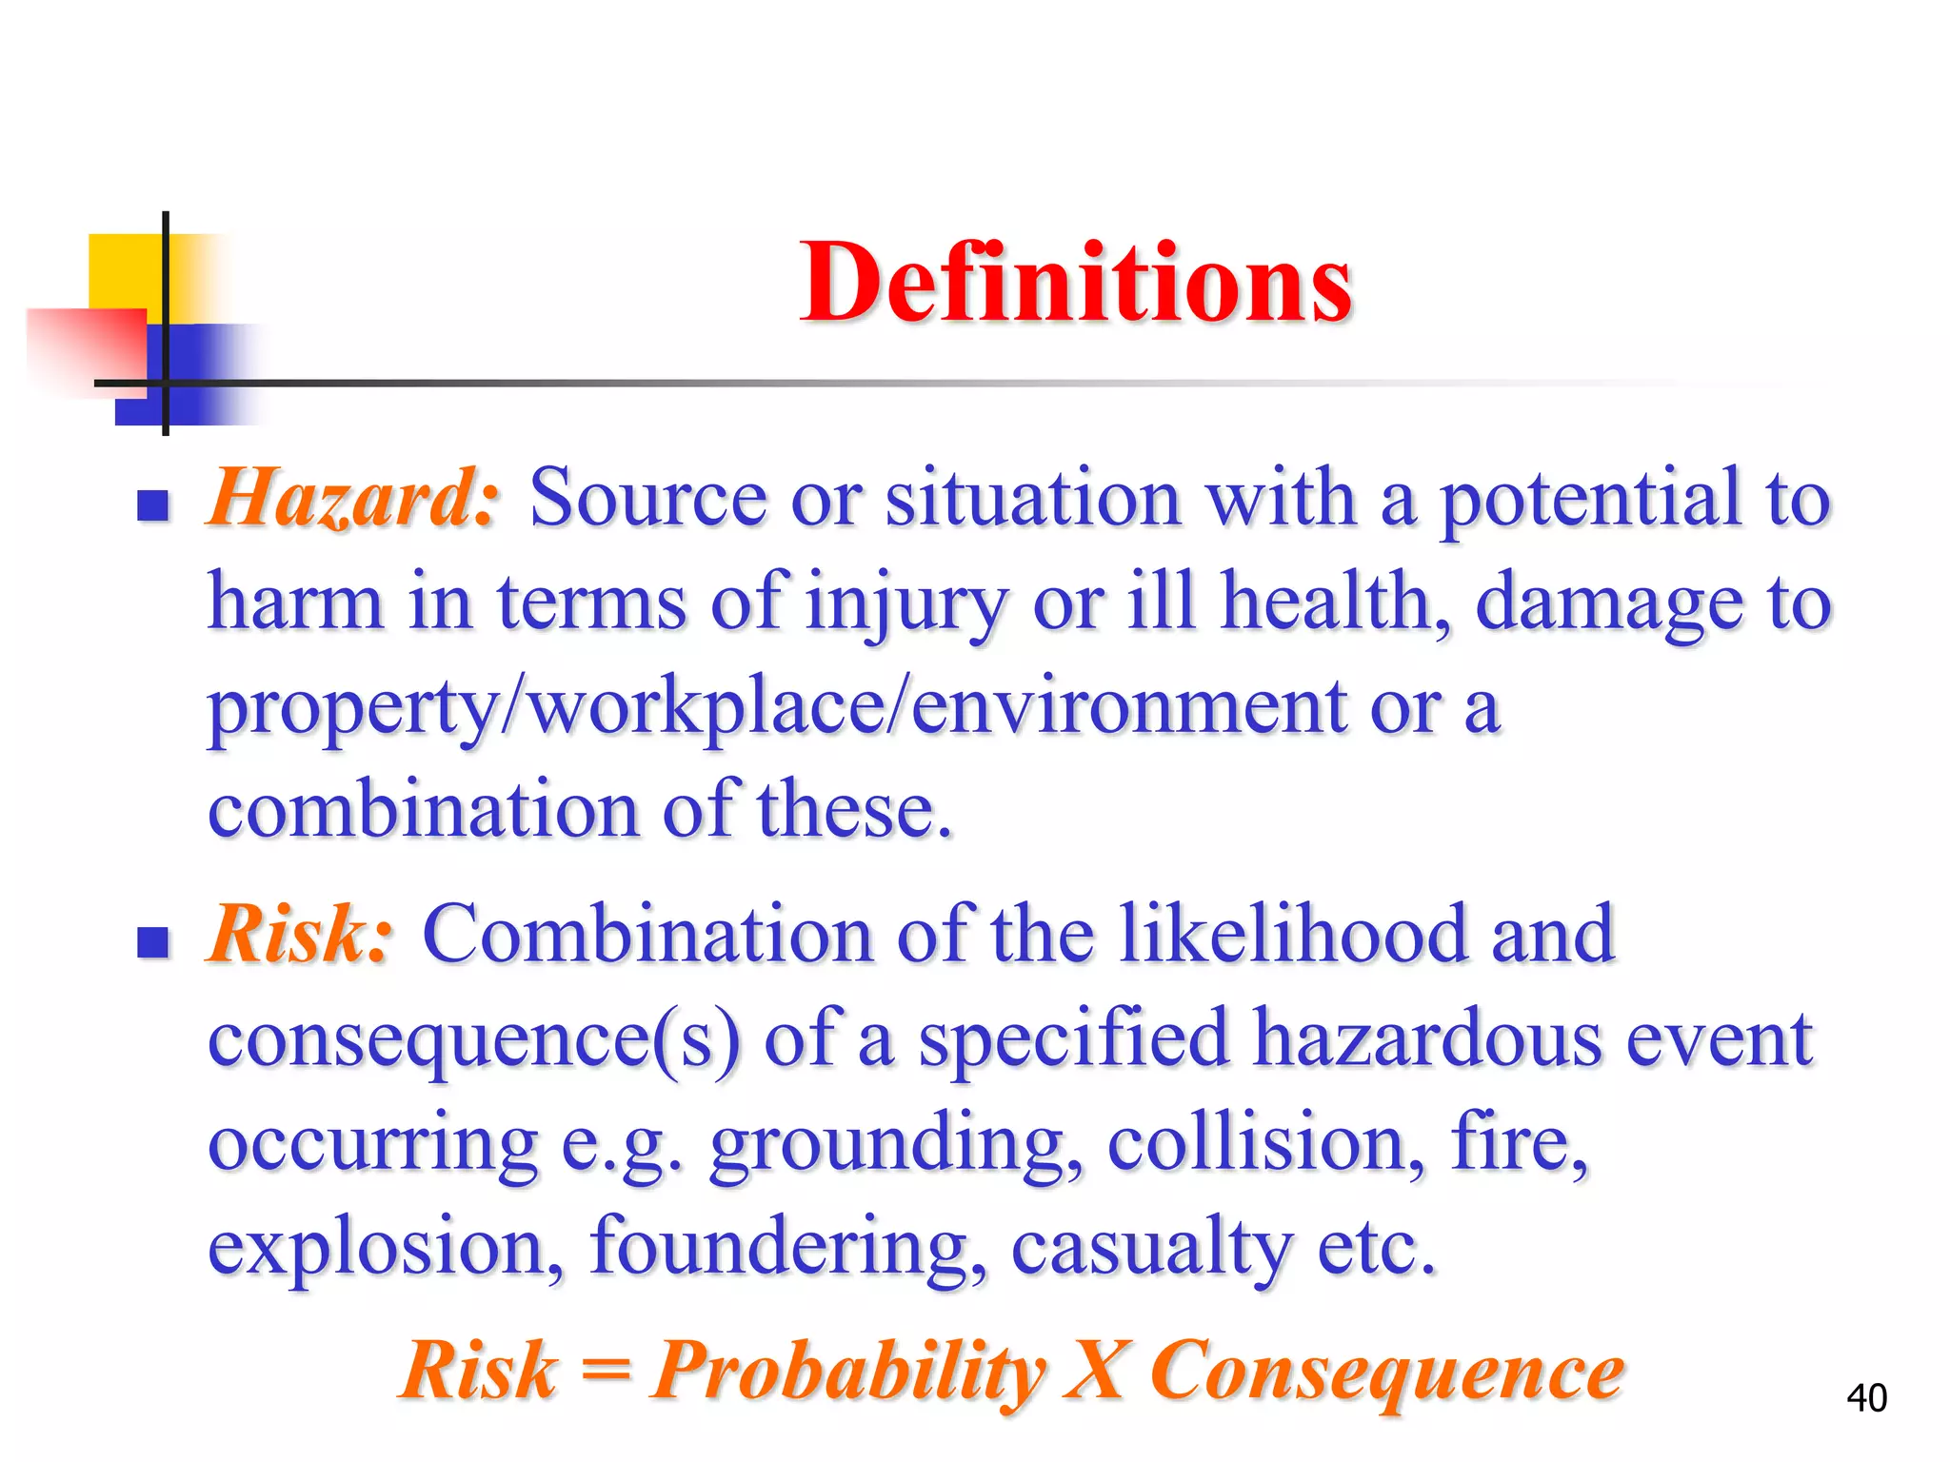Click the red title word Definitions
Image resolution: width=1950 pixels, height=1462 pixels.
pos(1076,283)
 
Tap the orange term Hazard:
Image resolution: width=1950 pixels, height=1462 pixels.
pos(352,498)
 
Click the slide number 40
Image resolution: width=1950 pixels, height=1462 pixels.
pos(1866,1397)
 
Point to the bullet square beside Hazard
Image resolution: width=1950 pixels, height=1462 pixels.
pos(152,505)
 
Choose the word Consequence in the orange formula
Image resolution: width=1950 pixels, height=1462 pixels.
pos(1387,1371)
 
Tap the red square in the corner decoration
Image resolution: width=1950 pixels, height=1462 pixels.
pos(86,347)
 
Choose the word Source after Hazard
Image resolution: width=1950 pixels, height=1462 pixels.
pos(647,498)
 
